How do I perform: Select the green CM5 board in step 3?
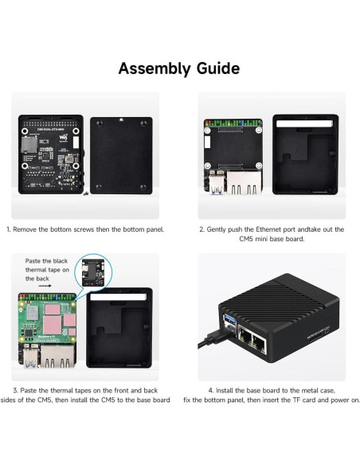pyautogui.click(x=49, y=334)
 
